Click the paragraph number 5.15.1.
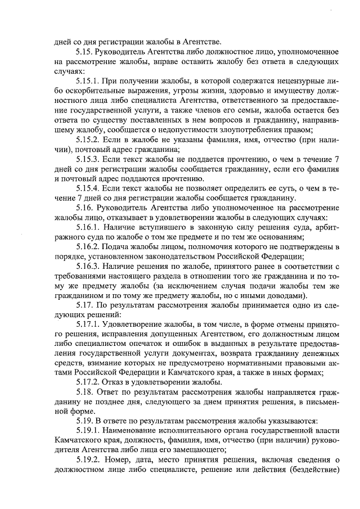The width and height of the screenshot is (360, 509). click(x=90, y=82)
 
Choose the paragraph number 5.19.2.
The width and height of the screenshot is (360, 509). click(x=90, y=460)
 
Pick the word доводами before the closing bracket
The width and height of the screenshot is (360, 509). click(x=285, y=295)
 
